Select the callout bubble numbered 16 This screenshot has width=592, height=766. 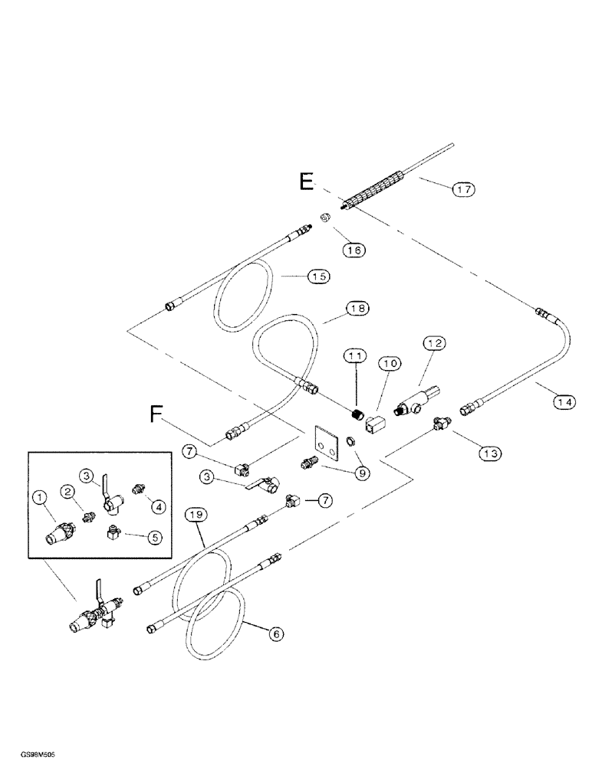click(x=354, y=250)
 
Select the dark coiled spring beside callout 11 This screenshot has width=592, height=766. click(x=355, y=416)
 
